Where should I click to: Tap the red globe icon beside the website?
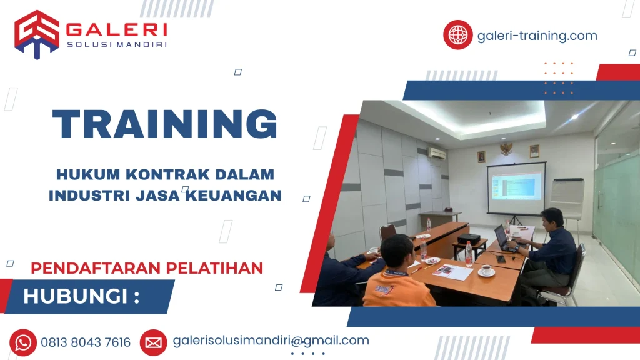click(x=457, y=34)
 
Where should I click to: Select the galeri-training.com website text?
click(x=537, y=36)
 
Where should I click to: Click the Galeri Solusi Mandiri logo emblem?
click(x=37, y=34)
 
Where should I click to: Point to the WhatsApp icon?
click(x=24, y=342)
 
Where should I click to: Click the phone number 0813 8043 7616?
click(x=86, y=342)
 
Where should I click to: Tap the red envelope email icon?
click(x=153, y=342)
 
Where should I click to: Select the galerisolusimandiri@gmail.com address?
click(x=271, y=341)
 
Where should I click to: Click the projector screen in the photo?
click(x=516, y=187)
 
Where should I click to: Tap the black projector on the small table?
click(x=468, y=239)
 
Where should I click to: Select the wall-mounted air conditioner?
click(x=436, y=152)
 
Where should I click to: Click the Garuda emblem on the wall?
click(x=506, y=148)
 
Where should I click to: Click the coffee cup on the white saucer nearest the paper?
click(x=486, y=271)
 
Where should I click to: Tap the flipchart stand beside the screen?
click(x=566, y=200)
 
